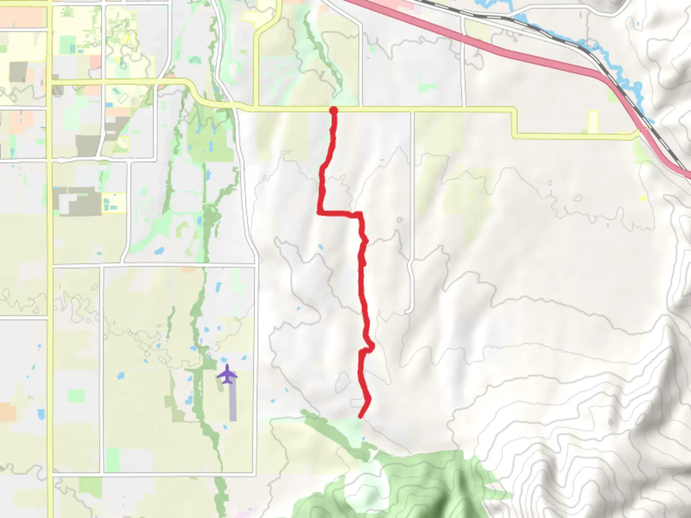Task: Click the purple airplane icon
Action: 227,374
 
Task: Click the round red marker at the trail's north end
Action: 334,111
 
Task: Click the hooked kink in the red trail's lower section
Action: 370,346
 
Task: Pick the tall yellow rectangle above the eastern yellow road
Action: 594,121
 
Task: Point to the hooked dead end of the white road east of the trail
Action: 409,312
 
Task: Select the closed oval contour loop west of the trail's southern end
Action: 343,382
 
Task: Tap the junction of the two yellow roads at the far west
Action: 50,82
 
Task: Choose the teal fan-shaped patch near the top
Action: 194,60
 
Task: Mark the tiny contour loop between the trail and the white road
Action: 400,220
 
